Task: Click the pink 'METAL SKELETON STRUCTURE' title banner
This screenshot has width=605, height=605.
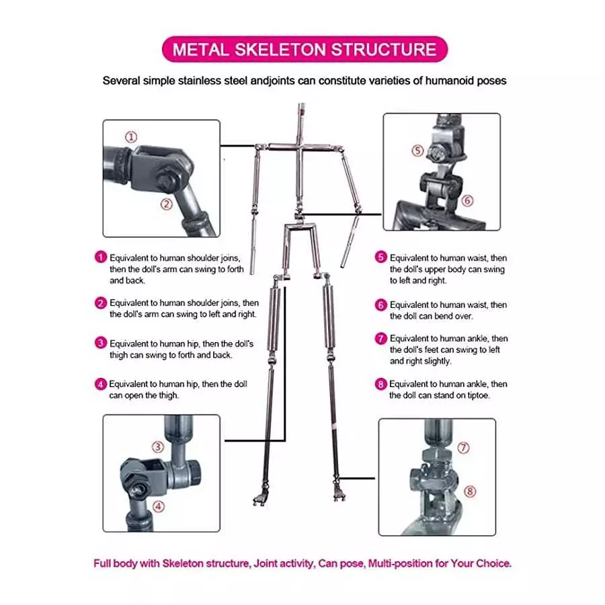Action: [x=305, y=50]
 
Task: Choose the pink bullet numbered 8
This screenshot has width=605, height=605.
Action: [x=381, y=385]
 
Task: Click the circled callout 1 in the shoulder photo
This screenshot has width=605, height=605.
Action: [x=132, y=136]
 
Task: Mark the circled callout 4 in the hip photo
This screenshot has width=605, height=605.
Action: [x=159, y=506]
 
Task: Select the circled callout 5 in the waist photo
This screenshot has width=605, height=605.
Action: [x=418, y=151]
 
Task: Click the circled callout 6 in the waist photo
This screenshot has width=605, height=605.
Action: [x=468, y=200]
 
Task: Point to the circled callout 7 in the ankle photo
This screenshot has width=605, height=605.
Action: [x=463, y=447]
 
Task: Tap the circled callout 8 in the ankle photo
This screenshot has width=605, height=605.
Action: [x=470, y=491]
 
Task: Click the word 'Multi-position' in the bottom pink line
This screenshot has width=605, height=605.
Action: [x=399, y=563]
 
